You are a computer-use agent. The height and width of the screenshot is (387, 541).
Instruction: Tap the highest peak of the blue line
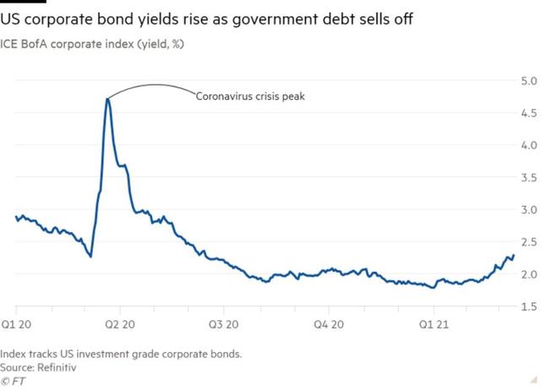[108, 99]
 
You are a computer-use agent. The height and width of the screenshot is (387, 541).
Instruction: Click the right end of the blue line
[513, 256]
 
